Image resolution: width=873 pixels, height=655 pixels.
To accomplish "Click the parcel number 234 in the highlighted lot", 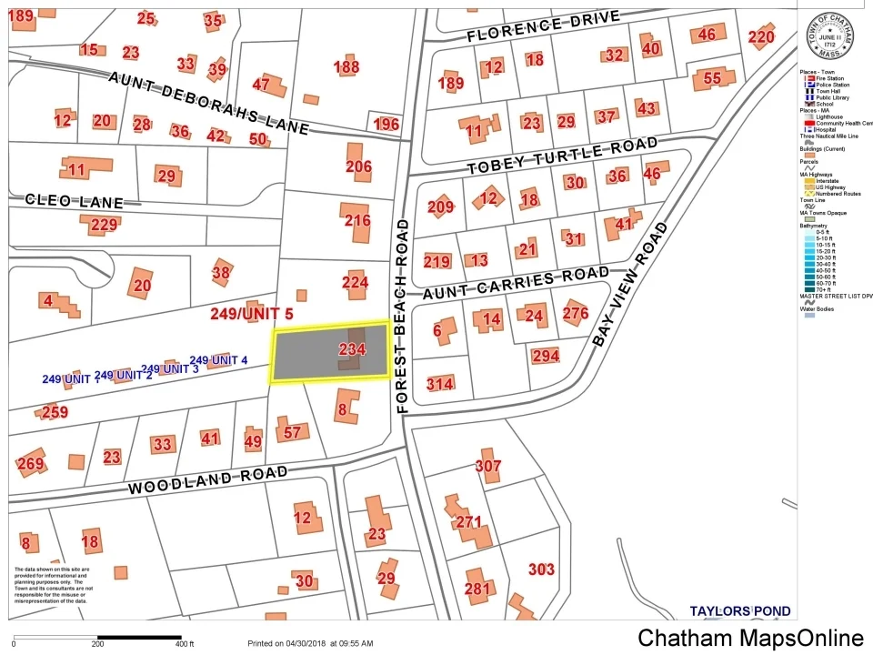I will pyautogui.click(x=352, y=349).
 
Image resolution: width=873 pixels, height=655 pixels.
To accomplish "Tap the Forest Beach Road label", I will pyautogui.click(x=404, y=315).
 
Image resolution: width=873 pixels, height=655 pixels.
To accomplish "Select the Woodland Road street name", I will pyautogui.click(x=207, y=479).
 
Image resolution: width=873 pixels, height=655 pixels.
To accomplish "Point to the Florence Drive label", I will pyautogui.click(x=543, y=26).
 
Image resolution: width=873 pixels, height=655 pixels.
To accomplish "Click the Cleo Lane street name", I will pyautogui.click(x=73, y=200).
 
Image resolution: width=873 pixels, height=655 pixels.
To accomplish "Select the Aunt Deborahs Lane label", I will pyautogui.click(x=208, y=102).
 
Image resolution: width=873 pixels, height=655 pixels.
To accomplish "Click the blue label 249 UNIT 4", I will pyautogui.click(x=218, y=360).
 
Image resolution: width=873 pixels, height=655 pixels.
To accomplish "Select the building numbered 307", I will pyautogui.click(x=488, y=466).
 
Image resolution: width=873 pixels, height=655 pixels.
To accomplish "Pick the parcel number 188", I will pyautogui.click(x=346, y=67).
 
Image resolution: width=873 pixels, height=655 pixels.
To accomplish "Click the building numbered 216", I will pyautogui.click(x=357, y=220).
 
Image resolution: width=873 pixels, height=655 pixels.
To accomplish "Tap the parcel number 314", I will pyautogui.click(x=439, y=384).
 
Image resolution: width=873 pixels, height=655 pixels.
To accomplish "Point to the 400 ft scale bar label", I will pyautogui.click(x=186, y=644).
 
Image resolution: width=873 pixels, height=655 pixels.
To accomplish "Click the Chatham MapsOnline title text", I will pyautogui.click(x=750, y=638).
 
